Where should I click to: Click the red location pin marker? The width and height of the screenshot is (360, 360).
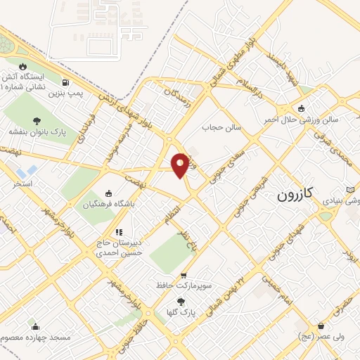click(x=180, y=164)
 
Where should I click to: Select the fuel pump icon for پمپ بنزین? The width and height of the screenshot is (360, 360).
click(x=65, y=81)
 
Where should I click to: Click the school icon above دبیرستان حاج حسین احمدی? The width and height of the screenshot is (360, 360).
click(x=120, y=231)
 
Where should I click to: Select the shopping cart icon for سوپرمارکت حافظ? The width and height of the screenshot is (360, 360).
click(x=184, y=276)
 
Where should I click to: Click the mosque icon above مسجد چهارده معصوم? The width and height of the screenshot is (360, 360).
click(x=35, y=326)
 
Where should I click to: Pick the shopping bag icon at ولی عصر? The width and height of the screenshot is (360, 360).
click(x=321, y=326)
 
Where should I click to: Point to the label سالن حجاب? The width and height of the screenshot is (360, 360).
click(x=222, y=128)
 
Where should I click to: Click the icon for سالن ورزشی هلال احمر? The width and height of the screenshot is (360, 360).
click(x=302, y=108)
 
